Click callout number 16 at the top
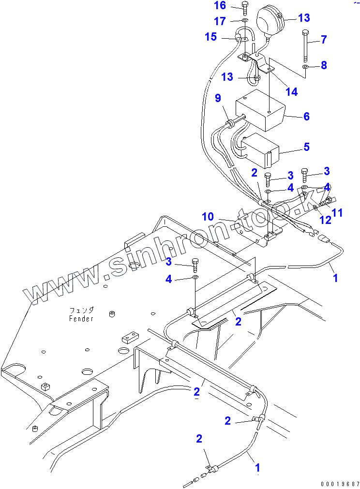220,5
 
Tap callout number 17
220,21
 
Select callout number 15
210,36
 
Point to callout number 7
324,39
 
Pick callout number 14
291,91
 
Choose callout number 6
305,117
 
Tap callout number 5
305,147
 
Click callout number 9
218,99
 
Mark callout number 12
325,220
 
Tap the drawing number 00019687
339,484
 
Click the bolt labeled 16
245,8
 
